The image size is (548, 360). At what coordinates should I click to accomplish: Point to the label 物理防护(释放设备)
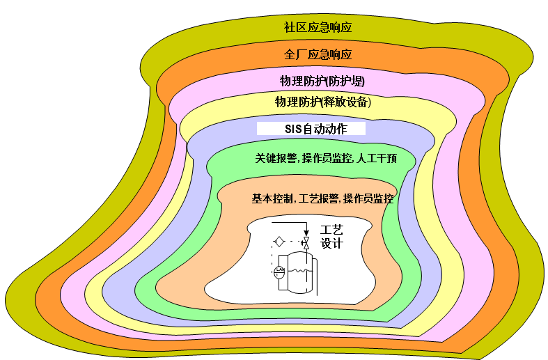pos(322,102)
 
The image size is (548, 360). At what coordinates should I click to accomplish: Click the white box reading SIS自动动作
pos(311,129)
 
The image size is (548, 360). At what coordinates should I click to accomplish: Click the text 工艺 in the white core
pos(332,229)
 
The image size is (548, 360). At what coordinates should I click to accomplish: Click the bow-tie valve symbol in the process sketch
pos(305,242)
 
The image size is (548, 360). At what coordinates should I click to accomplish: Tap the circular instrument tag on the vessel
pos(280,272)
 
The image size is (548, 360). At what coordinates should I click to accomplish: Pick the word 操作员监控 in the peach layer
pos(368,198)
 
